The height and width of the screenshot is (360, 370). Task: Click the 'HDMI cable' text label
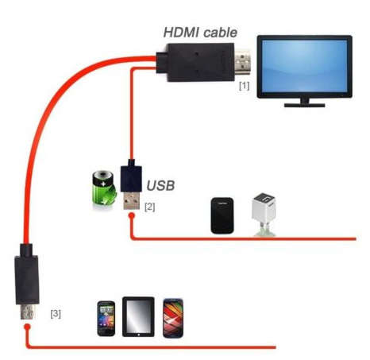(x=200, y=33)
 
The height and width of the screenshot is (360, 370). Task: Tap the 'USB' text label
(x=160, y=185)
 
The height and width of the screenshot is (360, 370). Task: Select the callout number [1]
(x=244, y=86)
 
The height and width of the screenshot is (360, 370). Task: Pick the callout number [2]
(x=149, y=207)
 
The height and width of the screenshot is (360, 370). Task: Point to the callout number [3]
(x=56, y=314)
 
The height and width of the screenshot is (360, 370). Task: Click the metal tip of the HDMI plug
(x=242, y=62)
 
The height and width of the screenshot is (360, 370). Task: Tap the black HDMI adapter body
(x=195, y=62)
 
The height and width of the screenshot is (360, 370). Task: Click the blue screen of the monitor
(x=304, y=66)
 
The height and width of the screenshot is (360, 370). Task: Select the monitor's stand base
(x=304, y=105)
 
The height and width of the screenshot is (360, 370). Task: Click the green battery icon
(x=104, y=188)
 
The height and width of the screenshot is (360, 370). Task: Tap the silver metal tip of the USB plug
(x=132, y=200)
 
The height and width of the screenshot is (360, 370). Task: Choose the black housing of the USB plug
(x=131, y=176)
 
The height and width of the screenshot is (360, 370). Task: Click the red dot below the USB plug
(x=132, y=215)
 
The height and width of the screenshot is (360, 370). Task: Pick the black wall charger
(x=222, y=215)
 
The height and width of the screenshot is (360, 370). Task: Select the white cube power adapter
(x=264, y=214)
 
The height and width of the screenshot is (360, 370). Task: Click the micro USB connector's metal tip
(x=27, y=312)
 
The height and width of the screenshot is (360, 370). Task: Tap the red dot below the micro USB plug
(x=27, y=327)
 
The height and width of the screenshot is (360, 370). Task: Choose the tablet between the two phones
(x=138, y=317)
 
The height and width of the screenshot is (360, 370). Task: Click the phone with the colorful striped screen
(x=173, y=318)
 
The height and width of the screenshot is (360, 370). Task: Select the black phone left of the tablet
(x=106, y=319)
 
